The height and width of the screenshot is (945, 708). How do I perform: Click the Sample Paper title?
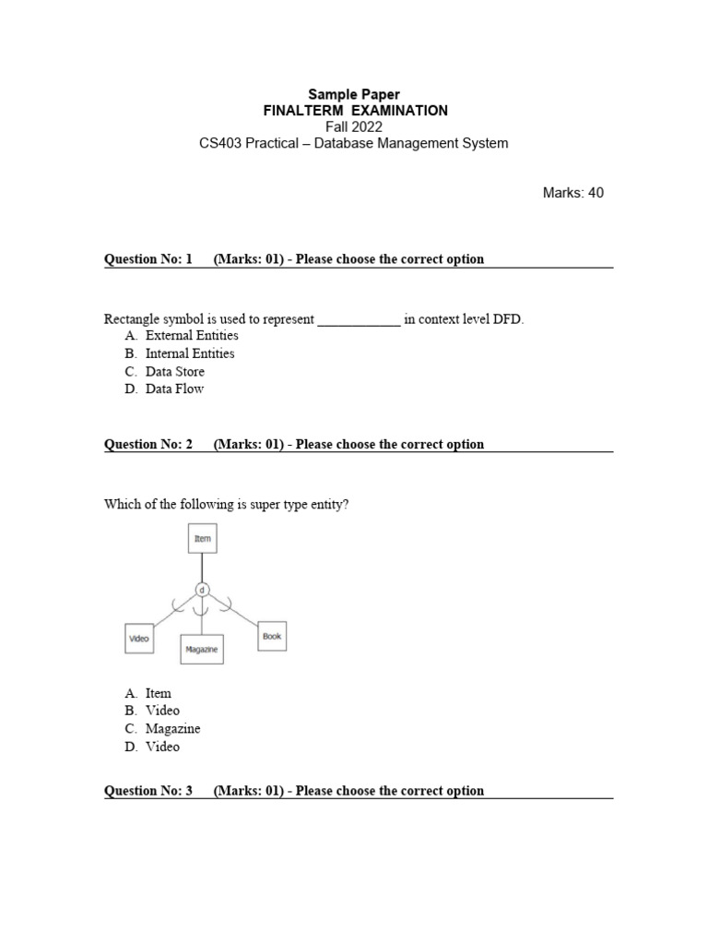[354, 94]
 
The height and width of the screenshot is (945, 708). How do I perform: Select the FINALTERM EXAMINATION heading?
[354, 111]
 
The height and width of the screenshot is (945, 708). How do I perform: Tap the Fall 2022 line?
[354, 127]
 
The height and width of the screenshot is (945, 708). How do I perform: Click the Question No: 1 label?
[148, 259]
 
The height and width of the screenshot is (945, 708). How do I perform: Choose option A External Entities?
[191, 336]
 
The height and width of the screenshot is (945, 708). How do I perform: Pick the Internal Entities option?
[190, 353]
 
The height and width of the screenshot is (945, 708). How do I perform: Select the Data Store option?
[175, 372]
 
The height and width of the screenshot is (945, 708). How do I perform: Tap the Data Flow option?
[174, 389]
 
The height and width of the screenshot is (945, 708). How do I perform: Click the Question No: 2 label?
[148, 445]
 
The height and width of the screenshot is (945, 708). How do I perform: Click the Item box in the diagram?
[202, 539]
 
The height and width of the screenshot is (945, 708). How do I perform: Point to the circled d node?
[202, 588]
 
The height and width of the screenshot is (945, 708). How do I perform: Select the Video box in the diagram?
[139, 638]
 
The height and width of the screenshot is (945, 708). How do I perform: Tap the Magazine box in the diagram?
[202, 650]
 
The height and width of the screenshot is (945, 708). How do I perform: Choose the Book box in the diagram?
[272, 636]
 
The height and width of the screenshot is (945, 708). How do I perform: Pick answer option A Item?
[158, 693]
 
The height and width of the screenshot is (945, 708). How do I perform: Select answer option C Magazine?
[172, 729]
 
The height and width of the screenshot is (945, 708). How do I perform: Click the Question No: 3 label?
[148, 791]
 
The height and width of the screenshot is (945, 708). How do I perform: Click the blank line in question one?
[360, 320]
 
